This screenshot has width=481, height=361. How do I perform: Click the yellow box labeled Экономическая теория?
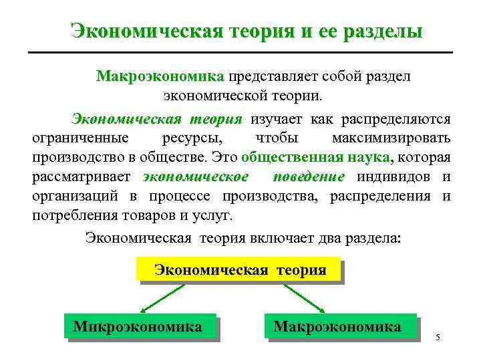(x=240, y=271)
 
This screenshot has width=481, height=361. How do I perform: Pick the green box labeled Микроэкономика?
(x=138, y=327)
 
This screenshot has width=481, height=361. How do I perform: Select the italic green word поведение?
(x=309, y=177)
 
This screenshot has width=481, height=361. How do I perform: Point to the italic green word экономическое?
(x=196, y=177)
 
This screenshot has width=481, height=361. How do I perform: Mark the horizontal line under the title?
(x=240, y=52)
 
